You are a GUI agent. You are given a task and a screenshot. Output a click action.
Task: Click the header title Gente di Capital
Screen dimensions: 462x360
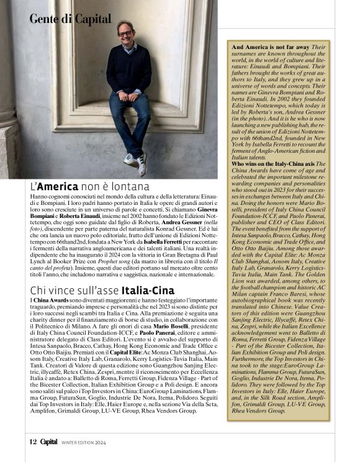70,19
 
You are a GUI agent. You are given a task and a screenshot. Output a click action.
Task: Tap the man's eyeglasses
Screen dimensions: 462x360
125,33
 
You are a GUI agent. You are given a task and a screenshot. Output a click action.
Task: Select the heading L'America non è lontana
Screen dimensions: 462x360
89,186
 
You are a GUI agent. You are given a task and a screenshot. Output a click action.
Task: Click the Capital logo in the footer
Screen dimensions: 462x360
49,442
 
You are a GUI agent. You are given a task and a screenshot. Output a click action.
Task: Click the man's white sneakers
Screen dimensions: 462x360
137,163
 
